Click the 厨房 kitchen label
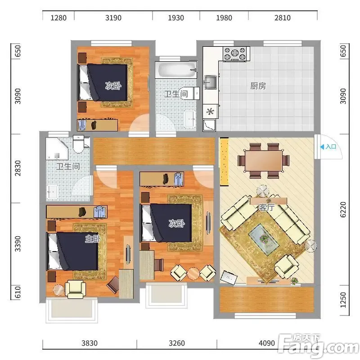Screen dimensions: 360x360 tap(258, 86)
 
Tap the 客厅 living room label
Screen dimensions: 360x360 tap(266, 207)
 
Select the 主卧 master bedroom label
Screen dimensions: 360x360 tap(93, 239)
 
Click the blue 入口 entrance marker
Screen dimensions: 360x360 tap(328, 147)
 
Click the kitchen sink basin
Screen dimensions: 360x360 tap(210, 82)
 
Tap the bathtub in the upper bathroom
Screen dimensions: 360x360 tap(176, 69)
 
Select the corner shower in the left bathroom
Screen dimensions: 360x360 tap(57, 148)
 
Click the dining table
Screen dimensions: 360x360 tap(263, 161)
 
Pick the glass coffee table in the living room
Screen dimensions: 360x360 tap(264, 239)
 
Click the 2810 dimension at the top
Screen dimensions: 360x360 tap(283, 18)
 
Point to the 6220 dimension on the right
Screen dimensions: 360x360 tap(342, 209)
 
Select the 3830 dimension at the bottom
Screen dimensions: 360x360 tap(90, 343)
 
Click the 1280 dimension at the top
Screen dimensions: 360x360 tap(58, 18)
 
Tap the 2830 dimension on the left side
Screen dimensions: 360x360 tap(18, 168)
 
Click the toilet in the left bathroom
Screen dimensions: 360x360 tap(78, 144)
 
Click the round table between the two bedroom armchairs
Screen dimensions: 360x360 tap(193, 274)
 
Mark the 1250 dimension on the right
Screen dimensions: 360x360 tap(342, 300)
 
